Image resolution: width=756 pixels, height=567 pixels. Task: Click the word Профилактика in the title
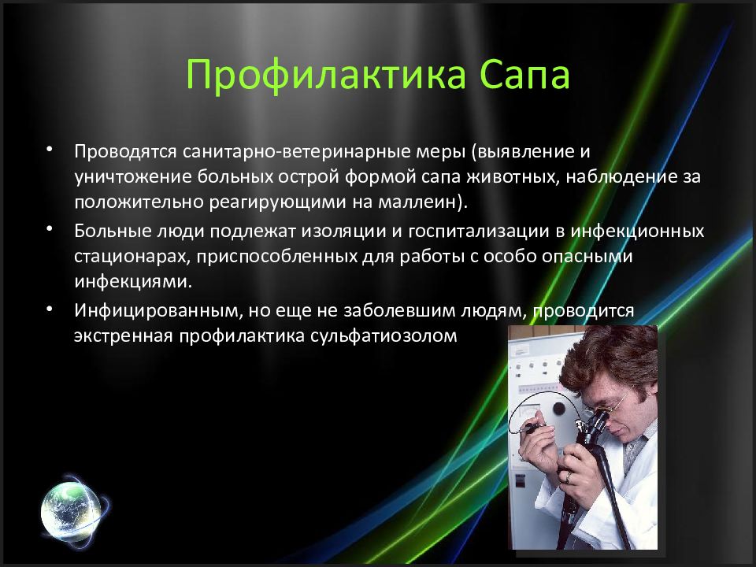pos(326,75)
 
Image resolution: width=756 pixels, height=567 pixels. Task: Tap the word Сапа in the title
pos(525,75)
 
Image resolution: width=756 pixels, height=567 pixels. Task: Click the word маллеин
pos(417,201)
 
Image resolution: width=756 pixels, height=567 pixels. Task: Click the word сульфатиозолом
pos(383,335)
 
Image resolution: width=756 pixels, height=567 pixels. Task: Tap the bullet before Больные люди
pos(49,229)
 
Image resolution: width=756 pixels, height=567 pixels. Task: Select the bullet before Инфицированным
pos(49,308)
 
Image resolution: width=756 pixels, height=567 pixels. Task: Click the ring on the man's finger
pos(569,477)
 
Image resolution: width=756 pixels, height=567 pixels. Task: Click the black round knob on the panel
pos(559,409)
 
